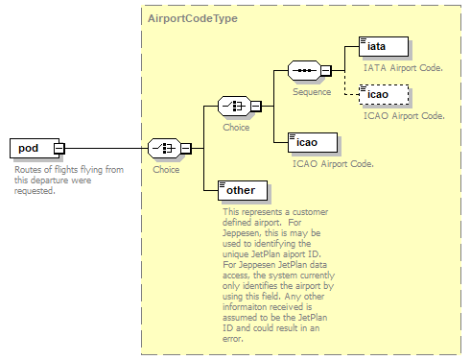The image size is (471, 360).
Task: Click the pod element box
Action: tap(35, 148)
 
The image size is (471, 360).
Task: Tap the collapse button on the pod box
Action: tap(59, 149)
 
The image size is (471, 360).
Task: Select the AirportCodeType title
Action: tap(193, 18)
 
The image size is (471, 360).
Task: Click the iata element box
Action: tap(384, 46)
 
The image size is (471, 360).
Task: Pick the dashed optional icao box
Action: tap(384, 94)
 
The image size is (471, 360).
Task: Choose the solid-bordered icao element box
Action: tap(313, 142)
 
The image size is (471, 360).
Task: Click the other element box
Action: tap(243, 190)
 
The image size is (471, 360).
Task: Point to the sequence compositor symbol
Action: tap(304, 70)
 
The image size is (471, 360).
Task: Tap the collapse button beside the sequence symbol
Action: tap(326, 70)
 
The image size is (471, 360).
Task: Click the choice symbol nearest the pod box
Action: tap(164, 148)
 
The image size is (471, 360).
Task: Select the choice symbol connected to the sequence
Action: tap(234, 106)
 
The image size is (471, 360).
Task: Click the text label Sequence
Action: tap(312, 92)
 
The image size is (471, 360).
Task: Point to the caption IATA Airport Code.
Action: tap(403, 68)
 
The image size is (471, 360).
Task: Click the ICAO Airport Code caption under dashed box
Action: tap(404, 116)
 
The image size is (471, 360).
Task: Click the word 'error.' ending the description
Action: tap(233, 339)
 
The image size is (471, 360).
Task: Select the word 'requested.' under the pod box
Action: tap(35, 191)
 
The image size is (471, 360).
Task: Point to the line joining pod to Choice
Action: tap(106, 148)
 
